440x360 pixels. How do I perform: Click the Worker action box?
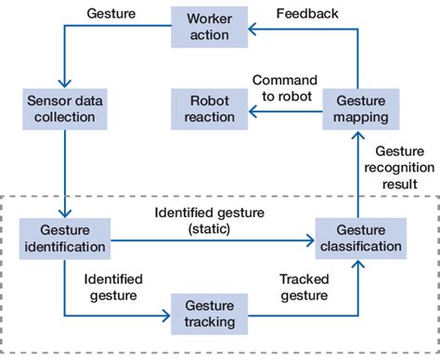(x=210, y=27)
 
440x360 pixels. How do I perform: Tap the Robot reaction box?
(x=210, y=108)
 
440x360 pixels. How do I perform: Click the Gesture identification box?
(x=65, y=239)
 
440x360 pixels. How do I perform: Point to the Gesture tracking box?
(x=210, y=314)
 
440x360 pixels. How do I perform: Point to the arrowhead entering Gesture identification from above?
(x=65, y=215)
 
